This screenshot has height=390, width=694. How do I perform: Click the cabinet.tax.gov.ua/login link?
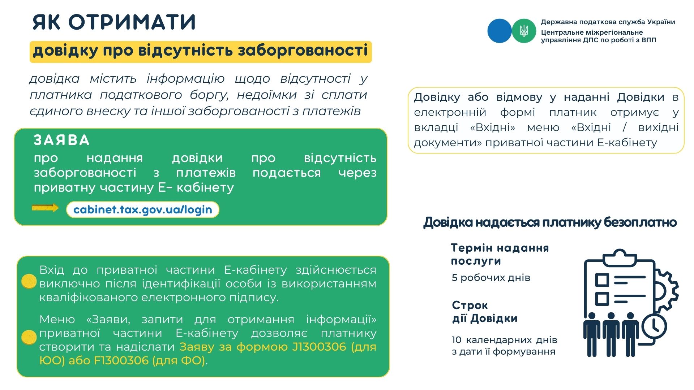tap(143, 209)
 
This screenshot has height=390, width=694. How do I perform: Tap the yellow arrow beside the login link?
tap(45, 208)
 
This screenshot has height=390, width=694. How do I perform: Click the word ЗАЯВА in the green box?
tap(62, 140)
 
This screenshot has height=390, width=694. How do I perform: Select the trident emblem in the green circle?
tap(524, 31)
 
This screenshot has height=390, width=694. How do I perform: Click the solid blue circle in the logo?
tap(500, 31)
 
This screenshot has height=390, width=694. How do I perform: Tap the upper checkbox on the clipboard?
tap(602, 280)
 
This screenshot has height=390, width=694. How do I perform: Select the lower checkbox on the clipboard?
tap(602, 299)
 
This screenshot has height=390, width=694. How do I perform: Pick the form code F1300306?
tap(121, 360)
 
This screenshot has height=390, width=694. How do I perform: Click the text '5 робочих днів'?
tap(491, 278)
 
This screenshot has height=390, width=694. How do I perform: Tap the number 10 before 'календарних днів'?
tap(456, 340)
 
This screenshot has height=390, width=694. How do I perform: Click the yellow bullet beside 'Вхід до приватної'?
tap(29, 281)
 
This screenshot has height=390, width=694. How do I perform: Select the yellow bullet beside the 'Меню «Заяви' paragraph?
tap(29, 337)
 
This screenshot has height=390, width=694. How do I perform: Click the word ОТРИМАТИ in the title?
tap(132, 22)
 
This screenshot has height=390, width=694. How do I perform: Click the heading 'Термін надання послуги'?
tap(500, 254)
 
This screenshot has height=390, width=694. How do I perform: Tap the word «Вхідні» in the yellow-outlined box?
tap(493, 127)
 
